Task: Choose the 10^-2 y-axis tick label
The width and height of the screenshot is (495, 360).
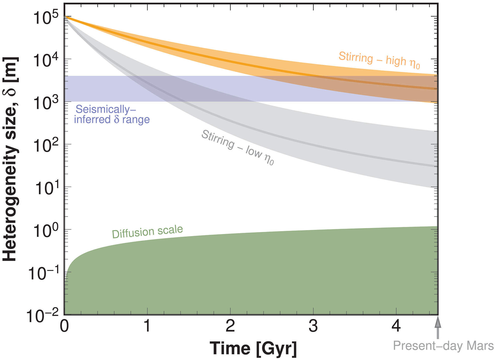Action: (x=42, y=316)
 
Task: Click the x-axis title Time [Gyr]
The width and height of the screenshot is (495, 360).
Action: (x=253, y=348)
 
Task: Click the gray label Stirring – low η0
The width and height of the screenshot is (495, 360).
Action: (x=238, y=147)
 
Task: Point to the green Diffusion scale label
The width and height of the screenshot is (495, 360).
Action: (x=147, y=231)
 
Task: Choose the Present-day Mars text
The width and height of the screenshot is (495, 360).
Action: (x=443, y=346)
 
